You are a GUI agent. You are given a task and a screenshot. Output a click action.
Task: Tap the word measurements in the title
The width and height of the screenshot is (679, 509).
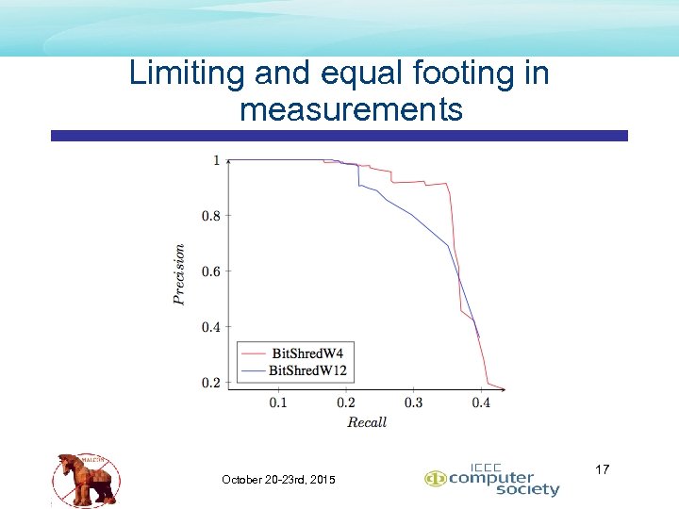pyautogui.click(x=351, y=110)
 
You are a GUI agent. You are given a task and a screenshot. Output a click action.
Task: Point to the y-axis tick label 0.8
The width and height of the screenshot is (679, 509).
pyautogui.click(x=210, y=216)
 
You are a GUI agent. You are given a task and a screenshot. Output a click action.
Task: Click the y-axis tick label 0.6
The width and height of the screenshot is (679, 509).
pyautogui.click(x=210, y=271)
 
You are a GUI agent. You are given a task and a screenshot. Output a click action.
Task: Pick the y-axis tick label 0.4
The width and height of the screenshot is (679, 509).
pyautogui.click(x=210, y=327)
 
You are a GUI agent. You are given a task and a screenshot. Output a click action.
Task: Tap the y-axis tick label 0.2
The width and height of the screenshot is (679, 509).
pyautogui.click(x=210, y=383)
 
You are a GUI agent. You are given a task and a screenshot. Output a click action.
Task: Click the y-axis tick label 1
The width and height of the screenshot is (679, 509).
pyautogui.click(x=216, y=160)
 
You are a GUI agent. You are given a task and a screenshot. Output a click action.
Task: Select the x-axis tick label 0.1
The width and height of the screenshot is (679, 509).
pyautogui.click(x=278, y=403)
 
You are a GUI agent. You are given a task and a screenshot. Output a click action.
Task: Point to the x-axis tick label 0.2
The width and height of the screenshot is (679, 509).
pyautogui.click(x=346, y=403)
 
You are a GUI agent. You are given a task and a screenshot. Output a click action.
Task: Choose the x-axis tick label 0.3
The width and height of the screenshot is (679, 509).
pyautogui.click(x=414, y=403)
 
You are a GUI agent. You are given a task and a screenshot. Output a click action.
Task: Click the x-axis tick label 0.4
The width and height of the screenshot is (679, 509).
pyautogui.click(x=481, y=403)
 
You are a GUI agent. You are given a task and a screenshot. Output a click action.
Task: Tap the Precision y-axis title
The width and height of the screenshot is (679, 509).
pyautogui.click(x=179, y=274)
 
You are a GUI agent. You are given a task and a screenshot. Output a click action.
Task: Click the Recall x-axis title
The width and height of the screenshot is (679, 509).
pyautogui.click(x=367, y=422)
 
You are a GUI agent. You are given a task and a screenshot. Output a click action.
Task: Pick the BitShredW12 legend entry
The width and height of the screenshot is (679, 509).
pyautogui.click(x=308, y=369)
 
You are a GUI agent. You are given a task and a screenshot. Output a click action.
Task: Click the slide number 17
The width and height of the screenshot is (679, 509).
pyautogui.click(x=604, y=469)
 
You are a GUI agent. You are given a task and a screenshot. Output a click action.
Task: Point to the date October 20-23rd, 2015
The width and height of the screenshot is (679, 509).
pyautogui.click(x=278, y=480)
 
